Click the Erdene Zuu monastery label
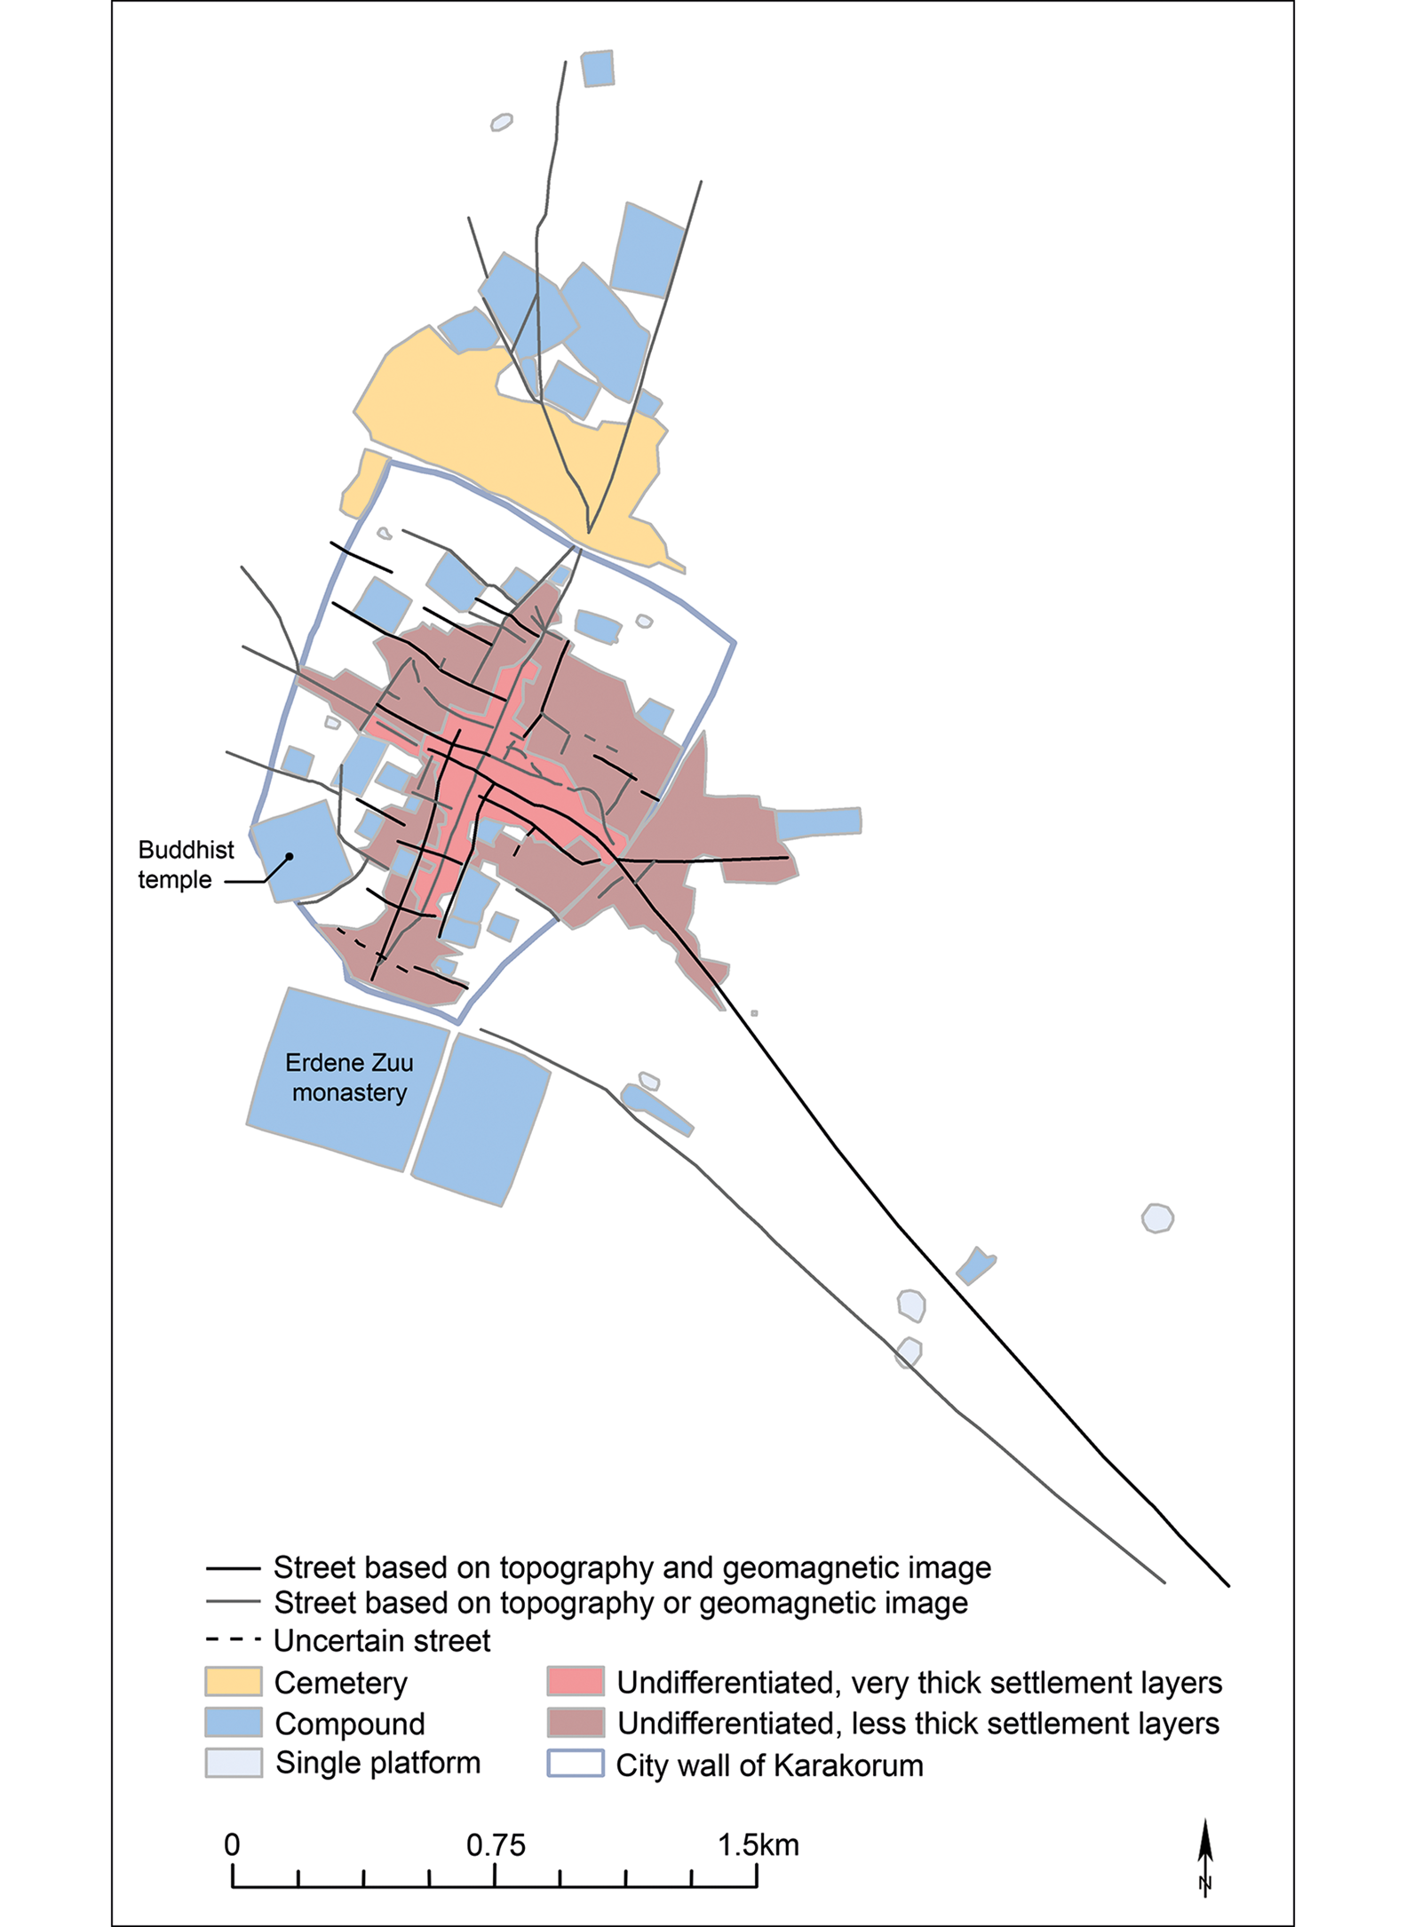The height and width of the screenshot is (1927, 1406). point(349,1077)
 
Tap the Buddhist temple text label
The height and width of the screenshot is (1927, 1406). point(185,864)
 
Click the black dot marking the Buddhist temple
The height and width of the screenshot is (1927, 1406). point(290,857)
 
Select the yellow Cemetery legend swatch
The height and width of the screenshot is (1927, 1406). point(234,1681)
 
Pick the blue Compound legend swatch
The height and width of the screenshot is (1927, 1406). point(234,1722)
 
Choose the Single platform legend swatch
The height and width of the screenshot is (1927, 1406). point(234,1762)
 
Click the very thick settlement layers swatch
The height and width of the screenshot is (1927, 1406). point(576,1681)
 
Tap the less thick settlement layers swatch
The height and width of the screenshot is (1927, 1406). point(576,1722)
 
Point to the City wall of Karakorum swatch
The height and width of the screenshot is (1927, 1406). point(576,1763)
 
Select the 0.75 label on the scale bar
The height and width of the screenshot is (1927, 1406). point(496,1844)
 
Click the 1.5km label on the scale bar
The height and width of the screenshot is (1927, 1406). point(758,1844)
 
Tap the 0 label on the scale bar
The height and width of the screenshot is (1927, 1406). point(232,1844)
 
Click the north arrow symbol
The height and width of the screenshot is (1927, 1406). point(1204,1856)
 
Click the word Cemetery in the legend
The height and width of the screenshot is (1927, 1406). point(340,1682)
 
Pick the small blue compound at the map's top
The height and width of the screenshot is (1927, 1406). point(598,68)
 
